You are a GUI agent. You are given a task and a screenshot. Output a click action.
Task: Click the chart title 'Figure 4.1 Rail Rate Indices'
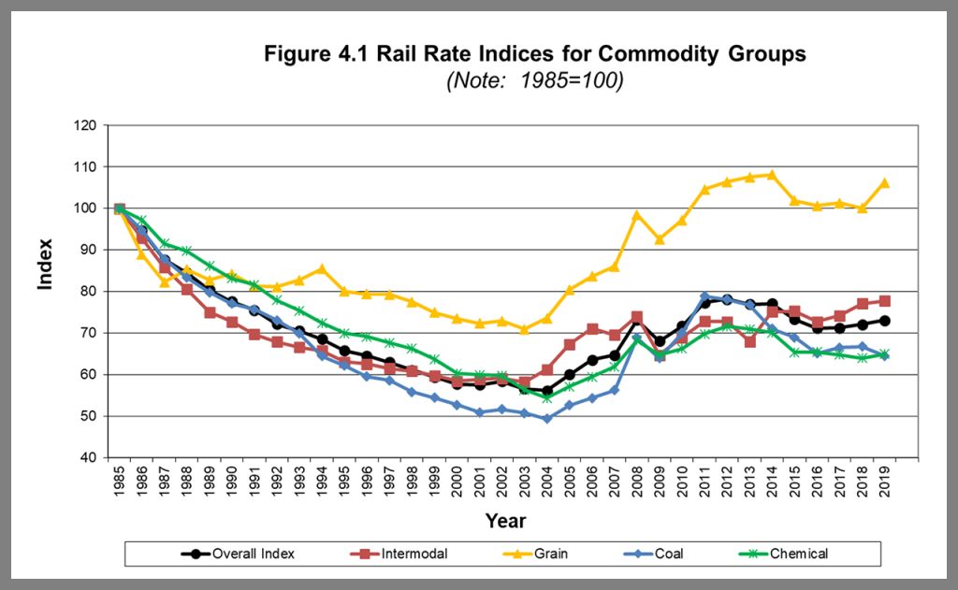534,53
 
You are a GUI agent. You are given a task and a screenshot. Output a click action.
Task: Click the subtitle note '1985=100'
534,80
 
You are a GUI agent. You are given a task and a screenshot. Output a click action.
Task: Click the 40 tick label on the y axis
90,458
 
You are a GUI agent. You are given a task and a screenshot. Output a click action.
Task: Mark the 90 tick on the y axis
90,250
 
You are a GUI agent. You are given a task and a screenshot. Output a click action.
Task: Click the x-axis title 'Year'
505,521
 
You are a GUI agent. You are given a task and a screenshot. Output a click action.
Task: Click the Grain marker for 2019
885,183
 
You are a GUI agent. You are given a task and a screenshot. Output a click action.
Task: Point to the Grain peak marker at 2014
772,175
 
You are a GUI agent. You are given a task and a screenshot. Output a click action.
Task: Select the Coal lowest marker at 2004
546,419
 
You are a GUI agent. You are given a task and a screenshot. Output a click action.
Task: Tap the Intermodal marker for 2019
885,301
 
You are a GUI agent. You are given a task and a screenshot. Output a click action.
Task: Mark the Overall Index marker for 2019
885,321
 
